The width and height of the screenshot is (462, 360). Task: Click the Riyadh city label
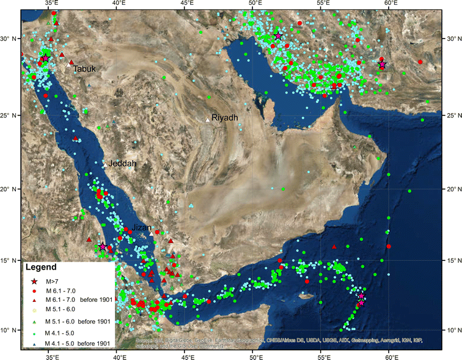coord(225,117)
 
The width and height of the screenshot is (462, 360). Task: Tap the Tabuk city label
coord(84,69)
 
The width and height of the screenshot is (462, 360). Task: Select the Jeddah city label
coord(122,164)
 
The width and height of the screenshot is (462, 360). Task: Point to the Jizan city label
coord(142,227)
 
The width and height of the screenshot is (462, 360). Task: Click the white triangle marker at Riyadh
coord(208,120)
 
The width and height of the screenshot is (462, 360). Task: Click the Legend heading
coord(41,267)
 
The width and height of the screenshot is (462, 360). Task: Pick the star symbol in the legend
coord(35,281)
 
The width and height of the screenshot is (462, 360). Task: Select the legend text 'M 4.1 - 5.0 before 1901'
coord(77,344)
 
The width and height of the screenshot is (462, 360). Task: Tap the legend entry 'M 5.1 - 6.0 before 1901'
coord(77,321)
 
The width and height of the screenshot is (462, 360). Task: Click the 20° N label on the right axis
coord(453,189)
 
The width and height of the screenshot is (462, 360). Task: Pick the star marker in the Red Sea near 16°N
coord(103,247)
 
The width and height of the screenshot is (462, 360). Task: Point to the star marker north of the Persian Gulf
coord(279,36)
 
